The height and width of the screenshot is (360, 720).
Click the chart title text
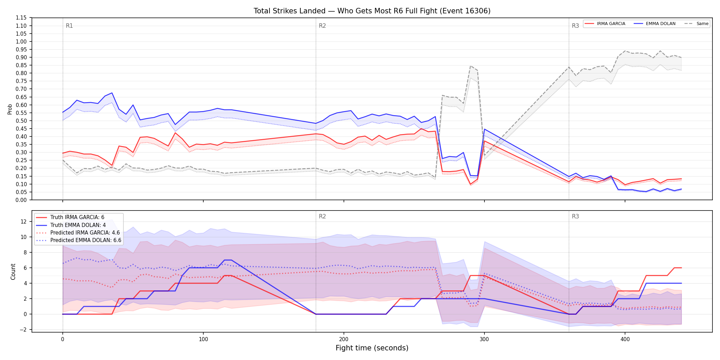pyautogui.click(x=372, y=11)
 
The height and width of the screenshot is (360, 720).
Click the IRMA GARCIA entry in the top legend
pyautogui.click(x=605, y=24)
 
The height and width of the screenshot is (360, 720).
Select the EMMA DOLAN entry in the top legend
pyautogui.click(x=655, y=24)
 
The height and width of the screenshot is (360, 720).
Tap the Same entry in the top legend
pyautogui.click(x=696, y=24)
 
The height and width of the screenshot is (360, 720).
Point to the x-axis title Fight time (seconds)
pyautogui.click(x=372, y=348)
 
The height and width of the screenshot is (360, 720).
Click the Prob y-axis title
pyautogui.click(x=10, y=109)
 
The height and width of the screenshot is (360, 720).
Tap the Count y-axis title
pyautogui.click(x=13, y=272)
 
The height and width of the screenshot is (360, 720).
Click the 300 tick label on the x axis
pyautogui.click(x=484, y=339)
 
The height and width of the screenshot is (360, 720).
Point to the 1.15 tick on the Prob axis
pyautogui.click(x=21, y=18)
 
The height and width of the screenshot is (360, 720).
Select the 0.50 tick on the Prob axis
pyautogui.click(x=21, y=121)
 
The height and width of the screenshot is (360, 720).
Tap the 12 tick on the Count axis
pyautogui.click(x=23, y=221)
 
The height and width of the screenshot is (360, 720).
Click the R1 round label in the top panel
pyautogui.click(x=69, y=26)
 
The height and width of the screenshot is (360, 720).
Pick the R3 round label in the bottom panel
pyautogui.click(x=575, y=216)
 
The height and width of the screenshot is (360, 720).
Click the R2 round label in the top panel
pyautogui.click(x=322, y=26)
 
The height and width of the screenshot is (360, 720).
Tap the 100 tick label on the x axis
pyautogui.click(x=203, y=339)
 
